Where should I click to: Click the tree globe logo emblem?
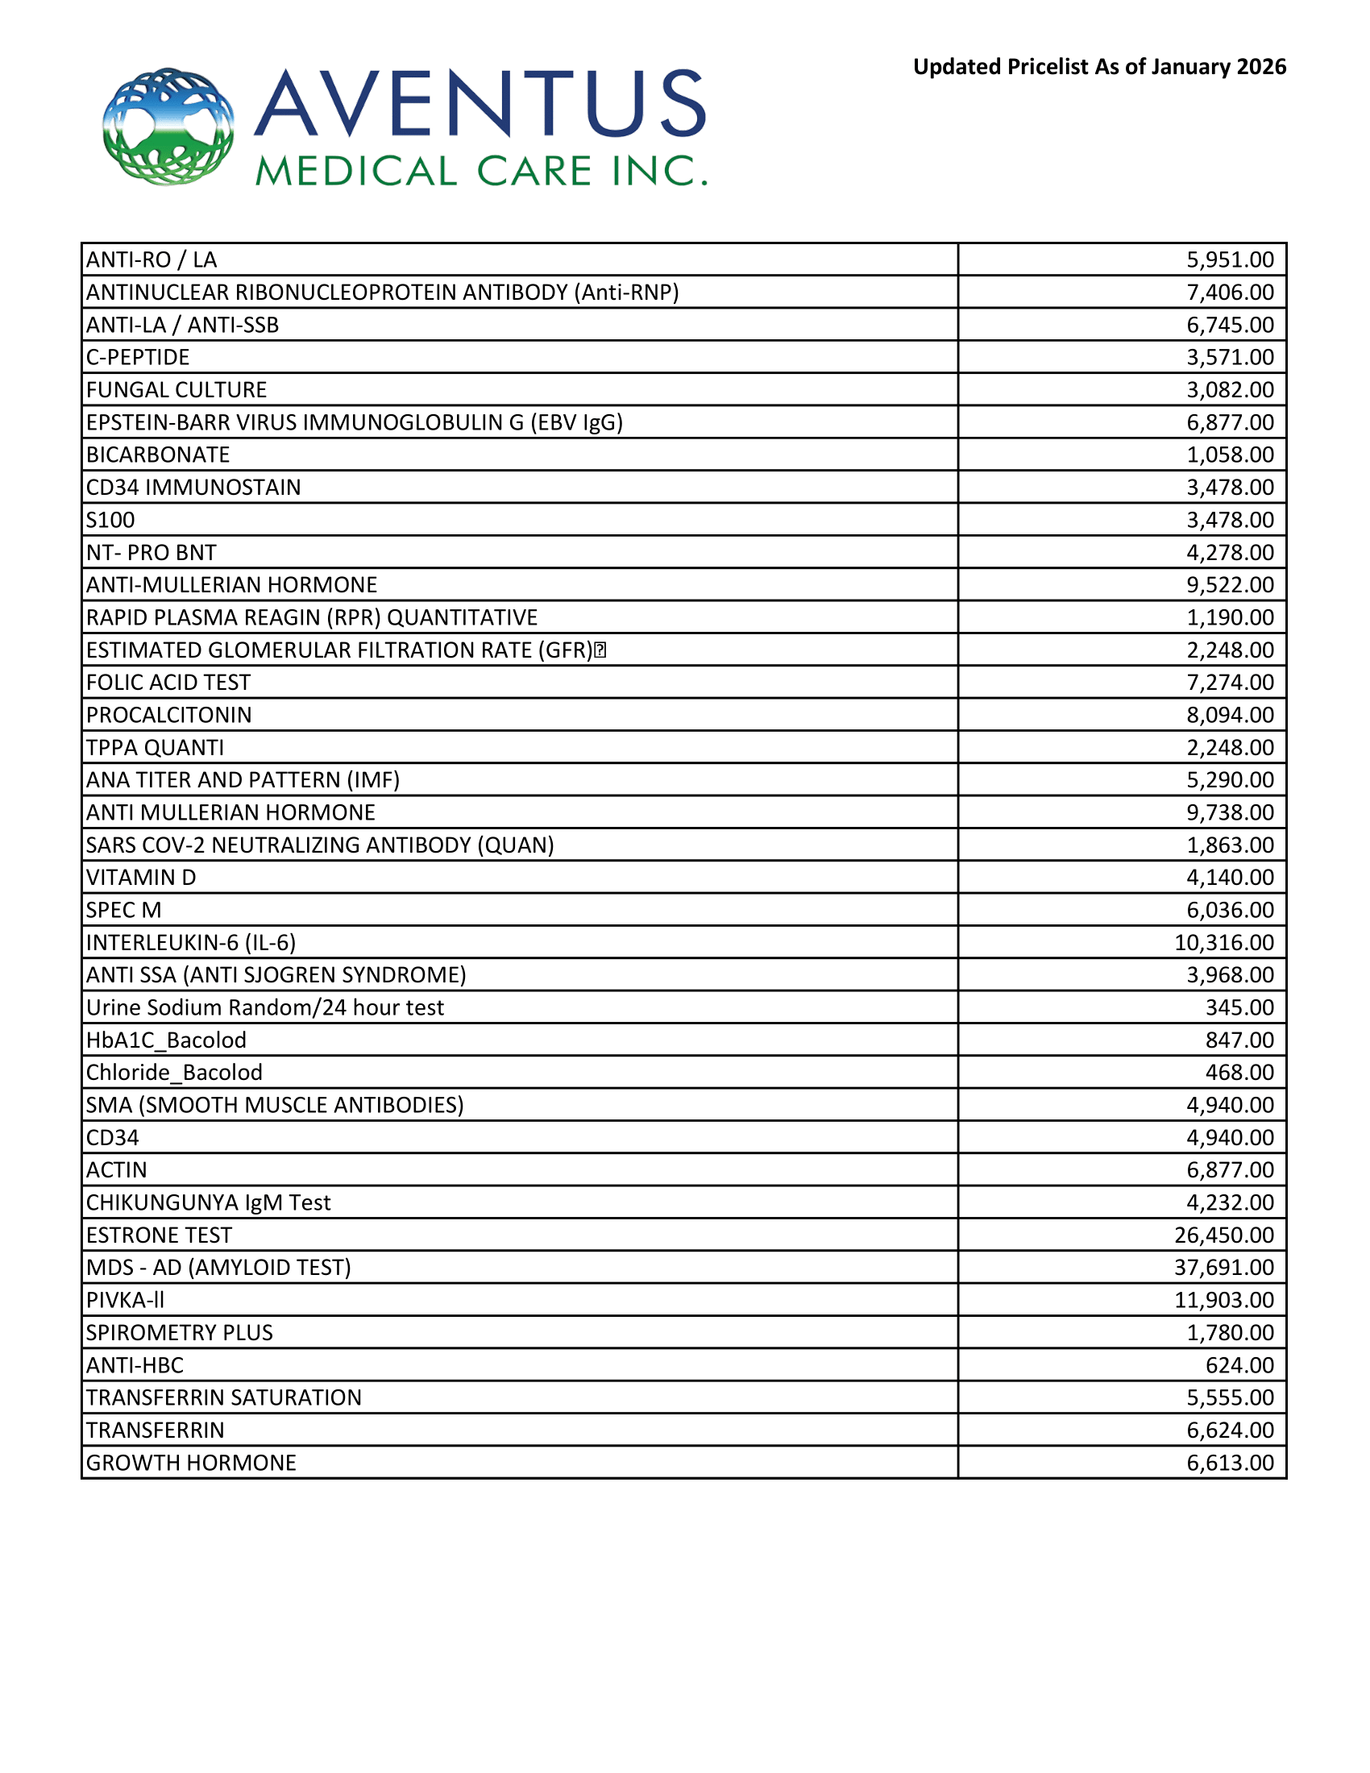click(x=168, y=127)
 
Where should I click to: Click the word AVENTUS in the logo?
click(x=480, y=103)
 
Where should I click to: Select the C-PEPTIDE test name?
click(x=138, y=357)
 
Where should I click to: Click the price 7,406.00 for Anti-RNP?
click(x=1230, y=293)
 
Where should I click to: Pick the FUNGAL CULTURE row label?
click(x=176, y=390)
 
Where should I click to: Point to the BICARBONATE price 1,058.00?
click(x=1230, y=455)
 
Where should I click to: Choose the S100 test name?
click(x=110, y=520)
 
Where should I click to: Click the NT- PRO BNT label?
click(x=151, y=553)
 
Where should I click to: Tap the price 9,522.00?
click(x=1230, y=584)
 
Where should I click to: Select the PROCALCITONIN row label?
click(x=168, y=715)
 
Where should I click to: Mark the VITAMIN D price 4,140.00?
click(x=1230, y=878)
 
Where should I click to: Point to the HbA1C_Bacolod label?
click(x=166, y=1040)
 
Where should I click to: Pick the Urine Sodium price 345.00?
click(x=1239, y=1007)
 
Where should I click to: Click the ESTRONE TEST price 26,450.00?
click(x=1224, y=1235)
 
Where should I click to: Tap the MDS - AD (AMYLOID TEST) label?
click(x=218, y=1267)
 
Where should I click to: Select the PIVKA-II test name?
click(x=125, y=1300)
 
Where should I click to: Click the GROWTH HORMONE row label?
click(x=191, y=1463)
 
